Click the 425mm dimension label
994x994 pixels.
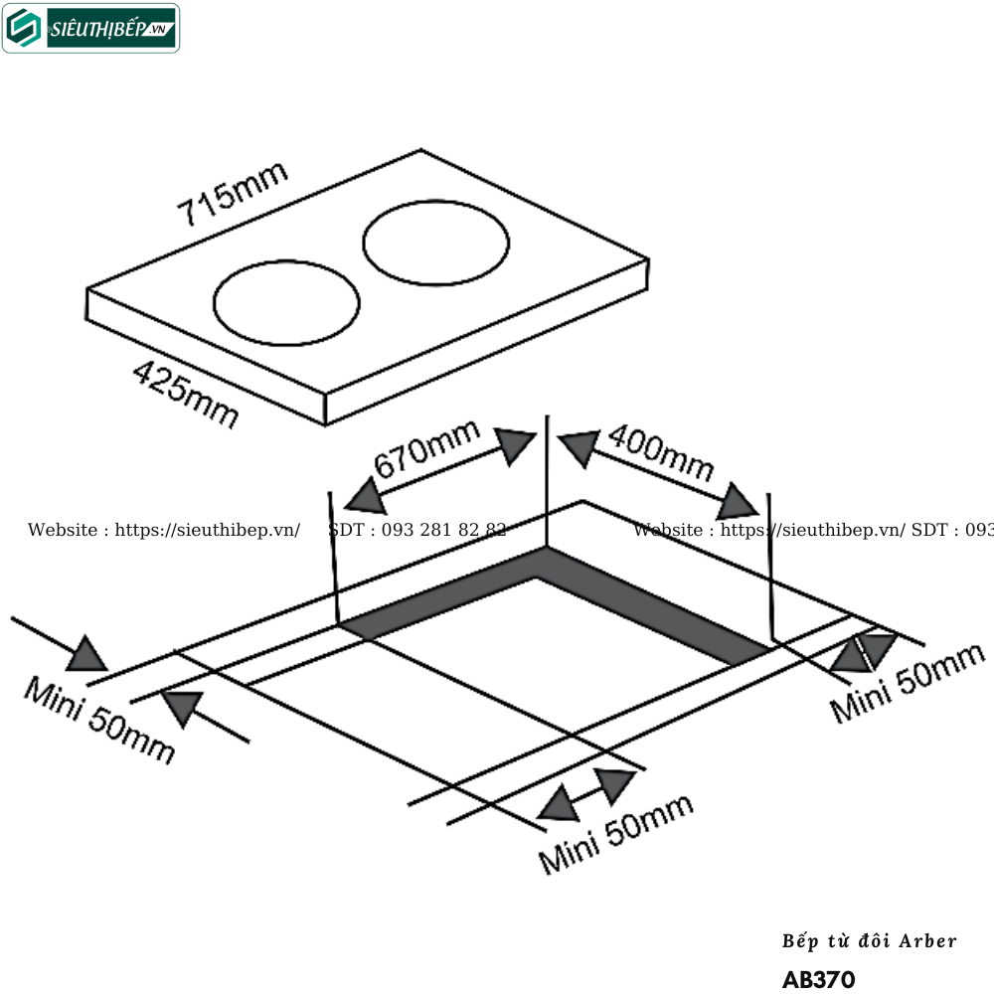pos(186,395)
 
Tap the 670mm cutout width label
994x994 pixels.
pos(427,448)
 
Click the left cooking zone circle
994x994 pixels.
pos(286,306)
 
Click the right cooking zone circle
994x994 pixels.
pos(436,242)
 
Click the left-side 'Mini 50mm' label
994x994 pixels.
pos(98,721)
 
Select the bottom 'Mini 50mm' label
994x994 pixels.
pos(615,834)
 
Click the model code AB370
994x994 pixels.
pos(818,980)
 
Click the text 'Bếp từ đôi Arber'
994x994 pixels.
pos(870,940)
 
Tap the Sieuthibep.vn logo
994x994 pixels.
pos(91,28)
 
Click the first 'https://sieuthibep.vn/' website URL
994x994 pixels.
pos(208,530)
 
